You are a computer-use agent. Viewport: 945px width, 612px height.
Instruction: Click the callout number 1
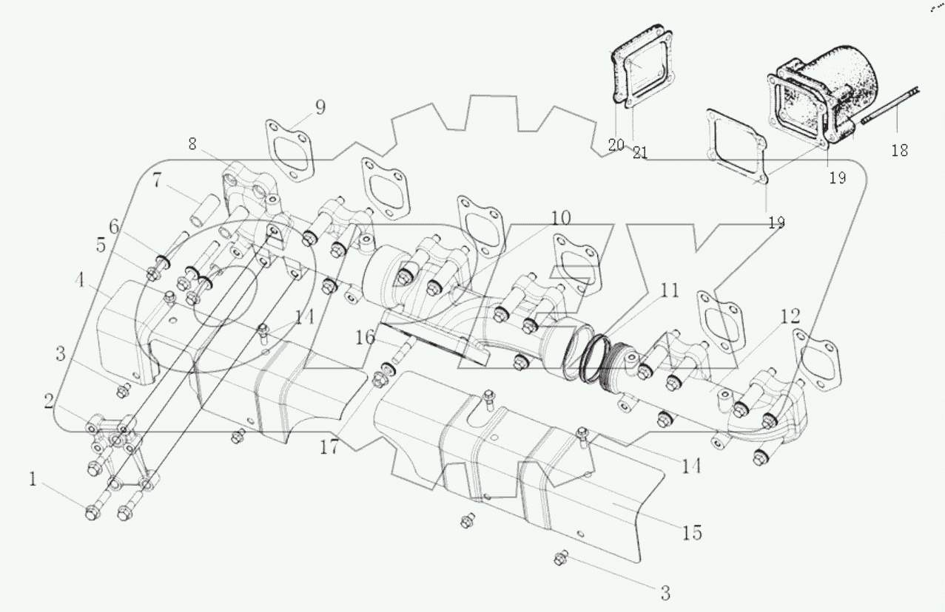pos(33,480)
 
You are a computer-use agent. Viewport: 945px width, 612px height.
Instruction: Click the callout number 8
pos(192,144)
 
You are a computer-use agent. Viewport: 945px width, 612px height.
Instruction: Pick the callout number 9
pos(319,107)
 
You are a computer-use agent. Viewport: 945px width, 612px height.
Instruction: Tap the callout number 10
pos(560,218)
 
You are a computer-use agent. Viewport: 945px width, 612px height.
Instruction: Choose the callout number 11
pos(668,291)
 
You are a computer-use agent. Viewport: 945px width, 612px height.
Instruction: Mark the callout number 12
pos(790,317)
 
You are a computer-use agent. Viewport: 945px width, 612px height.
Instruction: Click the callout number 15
pos(692,532)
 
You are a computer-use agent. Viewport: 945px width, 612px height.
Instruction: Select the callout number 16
pos(365,338)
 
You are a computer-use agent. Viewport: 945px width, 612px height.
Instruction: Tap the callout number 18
pos(899,150)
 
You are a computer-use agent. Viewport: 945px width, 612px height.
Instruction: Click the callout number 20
pos(616,145)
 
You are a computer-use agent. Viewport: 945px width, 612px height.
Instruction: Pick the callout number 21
pos(640,153)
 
